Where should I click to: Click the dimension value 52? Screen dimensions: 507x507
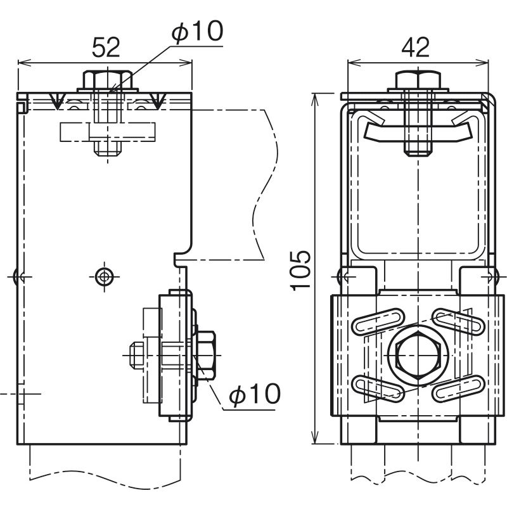point(106,48)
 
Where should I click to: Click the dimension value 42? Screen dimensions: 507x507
point(416,48)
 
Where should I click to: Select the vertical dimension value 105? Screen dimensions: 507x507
point(301,269)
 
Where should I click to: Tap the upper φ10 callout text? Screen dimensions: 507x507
point(198,31)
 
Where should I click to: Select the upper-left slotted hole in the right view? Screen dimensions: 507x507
point(378,321)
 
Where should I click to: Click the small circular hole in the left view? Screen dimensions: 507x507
point(103,276)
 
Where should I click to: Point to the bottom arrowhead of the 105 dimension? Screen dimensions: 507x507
point(316,440)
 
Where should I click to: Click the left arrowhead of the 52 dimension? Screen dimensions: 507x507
point(21,62)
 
